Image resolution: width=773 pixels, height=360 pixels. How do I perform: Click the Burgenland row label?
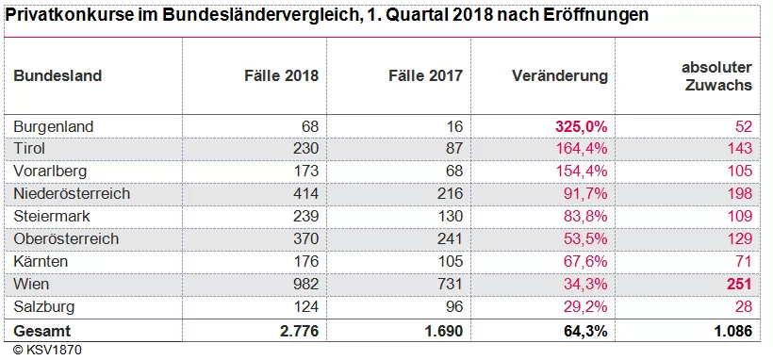tap(54, 126)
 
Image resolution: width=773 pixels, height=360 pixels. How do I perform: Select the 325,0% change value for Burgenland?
tap(582, 126)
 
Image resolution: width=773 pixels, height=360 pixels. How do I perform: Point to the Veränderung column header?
tap(560, 75)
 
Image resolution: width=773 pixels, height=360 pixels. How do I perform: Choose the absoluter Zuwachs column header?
tap(716, 75)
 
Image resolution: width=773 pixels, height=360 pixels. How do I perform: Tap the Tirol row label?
tap(30, 149)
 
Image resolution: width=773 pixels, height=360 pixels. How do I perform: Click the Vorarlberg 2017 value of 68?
tap(453, 172)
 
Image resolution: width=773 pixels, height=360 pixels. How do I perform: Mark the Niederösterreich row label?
tap(72, 194)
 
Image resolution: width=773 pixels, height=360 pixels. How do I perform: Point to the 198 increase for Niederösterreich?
tap(739, 194)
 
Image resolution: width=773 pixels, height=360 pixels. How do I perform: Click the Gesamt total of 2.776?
tap(300, 330)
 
